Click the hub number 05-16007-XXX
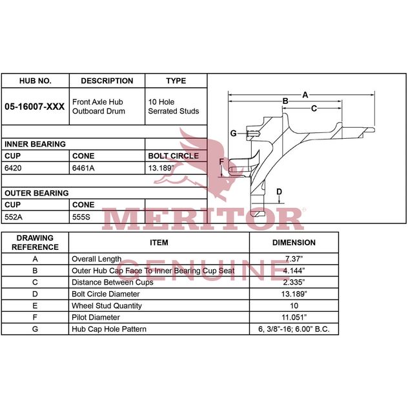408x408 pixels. [35, 107]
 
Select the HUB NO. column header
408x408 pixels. [36, 81]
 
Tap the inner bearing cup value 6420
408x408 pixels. [13, 168]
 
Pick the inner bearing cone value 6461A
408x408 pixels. [83, 168]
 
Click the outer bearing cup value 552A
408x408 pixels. [14, 217]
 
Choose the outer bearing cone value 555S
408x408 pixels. [81, 217]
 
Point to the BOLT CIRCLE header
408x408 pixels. [174, 156]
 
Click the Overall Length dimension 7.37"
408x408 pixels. [294, 259]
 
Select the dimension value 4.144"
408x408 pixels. [294, 270]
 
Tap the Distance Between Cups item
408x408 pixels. [112, 282]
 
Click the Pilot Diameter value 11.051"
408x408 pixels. [294, 318]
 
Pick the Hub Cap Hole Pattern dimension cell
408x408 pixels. [294, 329]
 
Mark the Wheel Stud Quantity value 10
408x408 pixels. [294, 306]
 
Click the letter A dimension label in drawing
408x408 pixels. [305, 95]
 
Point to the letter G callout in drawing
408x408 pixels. [234, 134]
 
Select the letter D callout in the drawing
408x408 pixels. [279, 192]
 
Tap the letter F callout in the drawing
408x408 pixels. [221, 162]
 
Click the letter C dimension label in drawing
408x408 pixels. [314, 108]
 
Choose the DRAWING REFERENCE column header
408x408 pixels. [35, 243]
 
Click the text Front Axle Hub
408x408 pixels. [97, 102]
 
